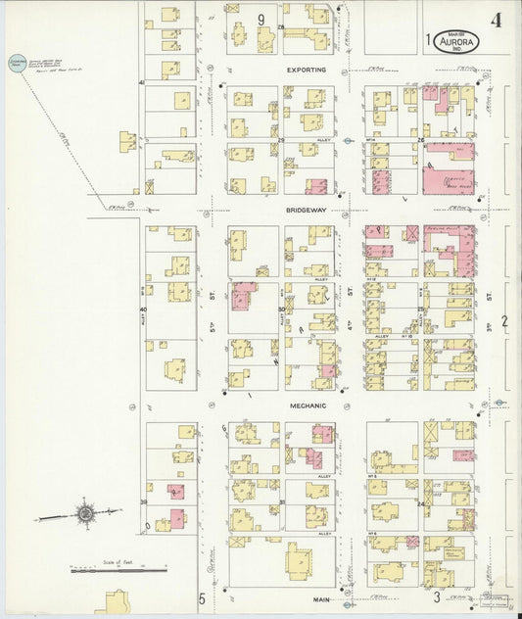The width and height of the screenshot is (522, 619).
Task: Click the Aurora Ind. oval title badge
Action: point(457,41)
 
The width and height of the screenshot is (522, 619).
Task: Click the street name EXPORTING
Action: point(307,71)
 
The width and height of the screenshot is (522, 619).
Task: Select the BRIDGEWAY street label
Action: point(307,210)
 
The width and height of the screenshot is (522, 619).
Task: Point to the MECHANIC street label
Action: point(307,405)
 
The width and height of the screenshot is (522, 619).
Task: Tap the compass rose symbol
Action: point(86,512)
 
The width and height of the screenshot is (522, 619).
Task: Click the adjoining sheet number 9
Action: point(261,19)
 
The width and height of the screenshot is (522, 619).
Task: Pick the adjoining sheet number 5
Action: point(202,597)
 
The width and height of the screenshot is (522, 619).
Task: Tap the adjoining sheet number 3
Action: point(437,596)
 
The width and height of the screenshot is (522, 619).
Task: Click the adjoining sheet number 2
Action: point(505,321)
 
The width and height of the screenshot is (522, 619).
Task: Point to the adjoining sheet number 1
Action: point(429,40)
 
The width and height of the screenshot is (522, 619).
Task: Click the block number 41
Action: point(142,83)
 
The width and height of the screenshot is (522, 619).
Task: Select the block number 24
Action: point(420,504)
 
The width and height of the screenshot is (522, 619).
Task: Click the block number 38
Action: point(144,502)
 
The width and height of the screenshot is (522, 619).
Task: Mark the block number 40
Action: point(143,309)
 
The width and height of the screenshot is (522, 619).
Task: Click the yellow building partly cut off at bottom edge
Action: point(117,604)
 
